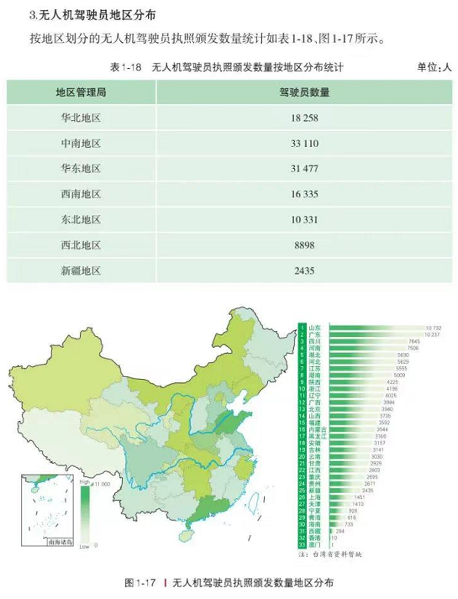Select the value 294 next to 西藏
click(x=340, y=531)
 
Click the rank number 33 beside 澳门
click(x=301, y=545)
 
